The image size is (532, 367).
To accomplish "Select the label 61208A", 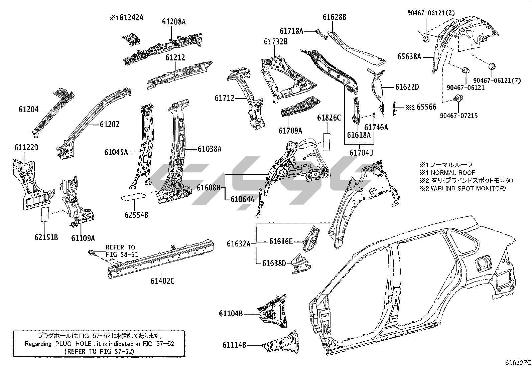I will tap(174, 22).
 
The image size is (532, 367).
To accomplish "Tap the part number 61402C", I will tap(162, 281).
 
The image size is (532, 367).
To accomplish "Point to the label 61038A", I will tap(209, 149).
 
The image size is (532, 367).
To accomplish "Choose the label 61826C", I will tap(329, 118).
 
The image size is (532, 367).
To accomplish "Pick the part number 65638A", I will tap(409, 56).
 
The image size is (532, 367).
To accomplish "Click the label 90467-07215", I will tap(458, 116).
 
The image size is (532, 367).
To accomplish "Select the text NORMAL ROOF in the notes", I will tap(453, 173).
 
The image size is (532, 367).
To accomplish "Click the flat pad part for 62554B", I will tap(133, 196).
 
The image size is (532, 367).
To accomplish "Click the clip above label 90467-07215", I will tap(458, 98).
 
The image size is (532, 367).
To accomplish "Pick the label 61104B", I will tap(231, 313).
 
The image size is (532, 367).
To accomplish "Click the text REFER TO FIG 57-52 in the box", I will tap(99, 351).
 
